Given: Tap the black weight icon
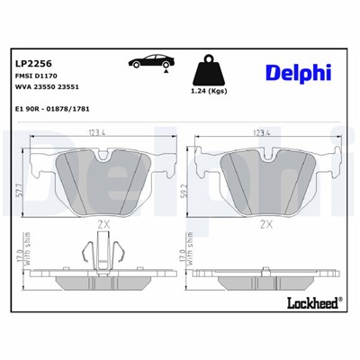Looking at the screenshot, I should point(209,69).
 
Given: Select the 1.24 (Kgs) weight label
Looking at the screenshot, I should point(209,93).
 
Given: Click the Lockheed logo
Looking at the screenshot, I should point(310,302).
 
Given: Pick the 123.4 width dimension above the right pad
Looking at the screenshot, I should point(264,134).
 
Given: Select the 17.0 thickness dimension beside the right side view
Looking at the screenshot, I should point(183,267).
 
